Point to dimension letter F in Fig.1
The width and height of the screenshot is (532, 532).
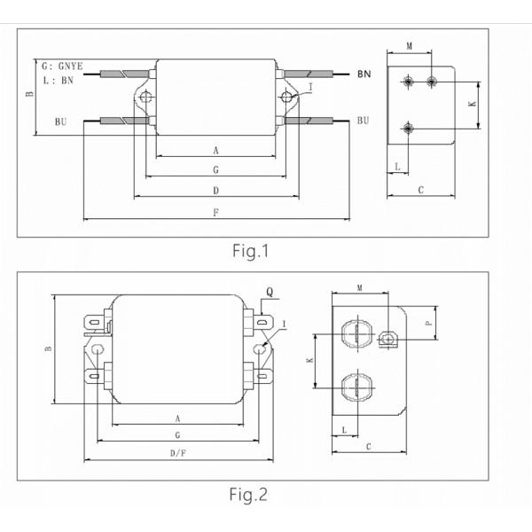pos(216,213)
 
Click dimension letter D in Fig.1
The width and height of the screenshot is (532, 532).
pos(216,191)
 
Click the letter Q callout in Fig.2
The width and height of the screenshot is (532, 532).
pos(269,290)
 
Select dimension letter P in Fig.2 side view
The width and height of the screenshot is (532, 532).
pos(428,325)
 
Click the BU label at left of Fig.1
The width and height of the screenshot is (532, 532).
pos(60,120)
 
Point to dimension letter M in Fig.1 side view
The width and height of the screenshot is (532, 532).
pos(409,45)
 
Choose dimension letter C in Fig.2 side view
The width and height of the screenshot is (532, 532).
pos(368,446)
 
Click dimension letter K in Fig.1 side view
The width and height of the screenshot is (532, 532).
pos(471,104)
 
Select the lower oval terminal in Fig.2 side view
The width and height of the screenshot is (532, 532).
pos(354,387)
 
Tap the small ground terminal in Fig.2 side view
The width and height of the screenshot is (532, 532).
pos(387,338)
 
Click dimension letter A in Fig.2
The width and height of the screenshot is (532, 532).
pos(178,418)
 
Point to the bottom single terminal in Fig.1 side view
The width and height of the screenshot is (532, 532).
pos(408,128)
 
